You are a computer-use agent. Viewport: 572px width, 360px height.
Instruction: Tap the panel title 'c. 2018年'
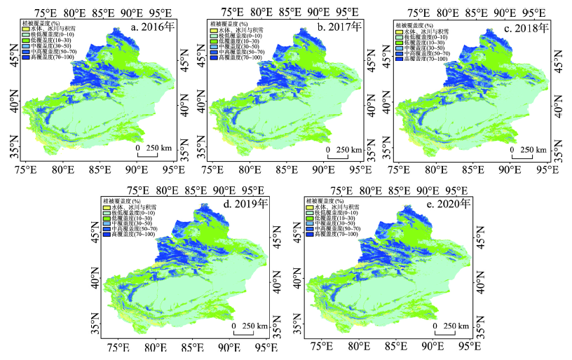tap(525, 29)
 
